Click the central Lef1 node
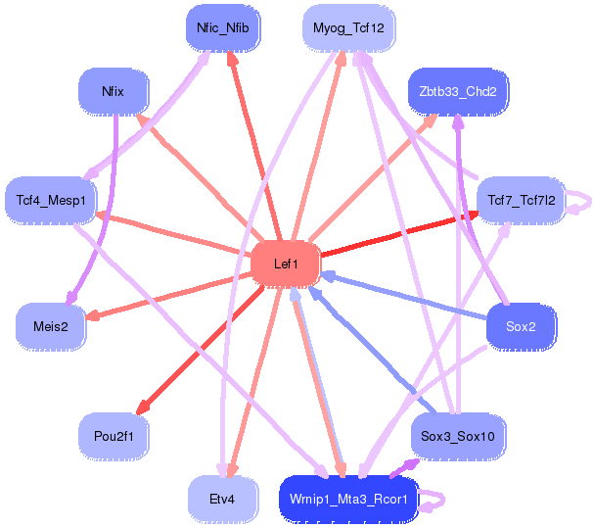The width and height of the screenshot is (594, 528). [286, 264]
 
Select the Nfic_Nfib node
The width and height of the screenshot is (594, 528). [223, 28]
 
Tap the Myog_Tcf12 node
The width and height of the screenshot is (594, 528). [348, 28]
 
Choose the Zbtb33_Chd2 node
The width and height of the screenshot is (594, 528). [458, 91]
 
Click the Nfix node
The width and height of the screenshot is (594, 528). [114, 91]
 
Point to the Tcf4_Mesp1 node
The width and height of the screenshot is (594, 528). [51, 200]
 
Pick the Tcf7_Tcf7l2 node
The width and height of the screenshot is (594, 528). [521, 200]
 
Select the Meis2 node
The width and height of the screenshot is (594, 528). [51, 326]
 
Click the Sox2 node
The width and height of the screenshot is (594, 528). [521, 326]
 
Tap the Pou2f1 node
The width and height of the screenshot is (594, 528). [114, 436]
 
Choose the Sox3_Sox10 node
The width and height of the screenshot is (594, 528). [458, 436]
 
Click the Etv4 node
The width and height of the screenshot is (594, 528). [223, 500]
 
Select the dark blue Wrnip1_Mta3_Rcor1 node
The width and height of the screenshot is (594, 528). [348, 500]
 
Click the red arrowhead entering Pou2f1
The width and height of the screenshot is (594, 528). [143, 408]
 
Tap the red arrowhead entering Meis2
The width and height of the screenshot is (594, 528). [92, 315]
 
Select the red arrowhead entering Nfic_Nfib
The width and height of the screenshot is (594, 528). [232, 58]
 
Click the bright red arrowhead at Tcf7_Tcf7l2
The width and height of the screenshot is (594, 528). [473, 216]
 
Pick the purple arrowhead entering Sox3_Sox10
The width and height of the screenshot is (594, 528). [413, 463]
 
